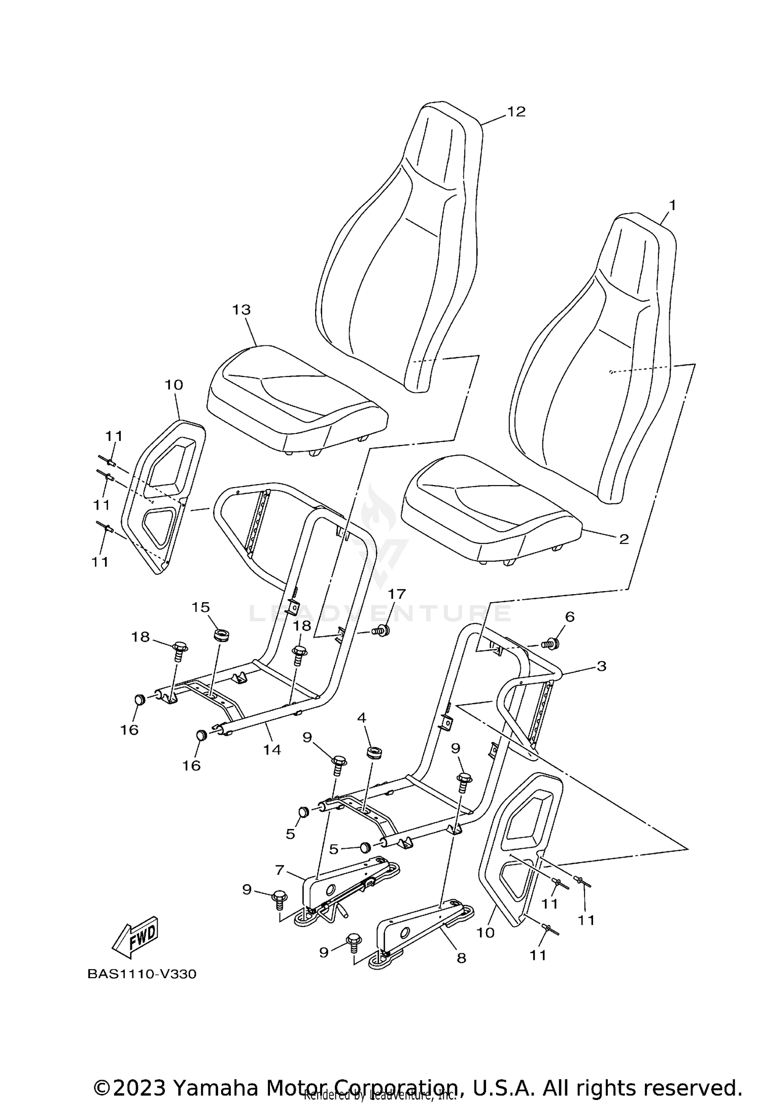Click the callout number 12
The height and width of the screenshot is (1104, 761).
click(516, 112)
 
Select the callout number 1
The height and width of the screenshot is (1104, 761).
click(672, 205)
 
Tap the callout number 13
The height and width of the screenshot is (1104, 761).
click(241, 309)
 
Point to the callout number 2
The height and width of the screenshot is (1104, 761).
click(624, 539)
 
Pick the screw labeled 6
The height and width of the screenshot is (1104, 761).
click(551, 644)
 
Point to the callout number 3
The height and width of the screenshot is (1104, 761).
click(601, 666)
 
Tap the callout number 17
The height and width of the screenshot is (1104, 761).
click(397, 594)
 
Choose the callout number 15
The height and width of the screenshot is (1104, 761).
click(201, 607)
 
